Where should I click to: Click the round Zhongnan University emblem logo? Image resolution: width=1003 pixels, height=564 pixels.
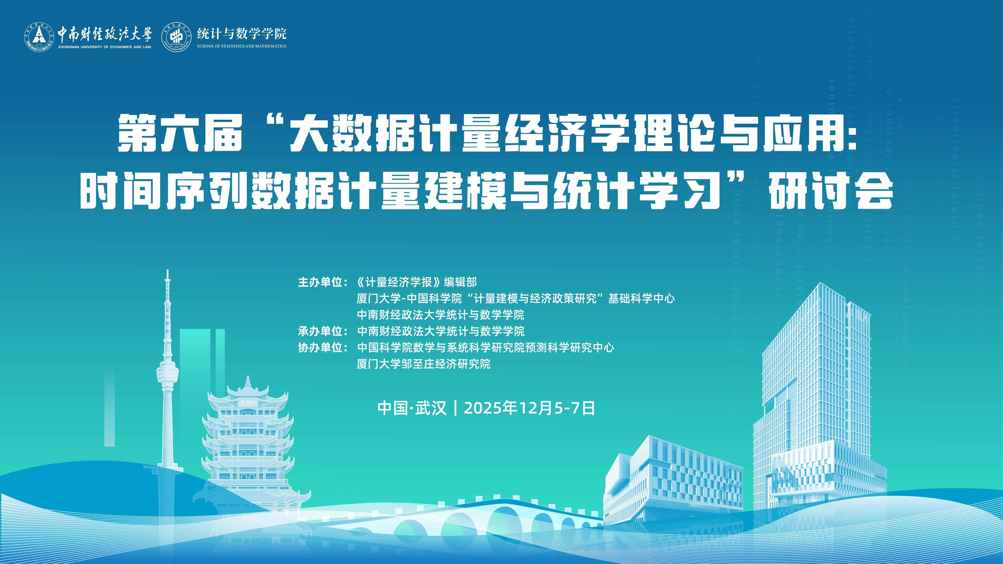coord(39,36)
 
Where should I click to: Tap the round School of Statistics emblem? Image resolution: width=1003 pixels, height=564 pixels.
coord(177,36)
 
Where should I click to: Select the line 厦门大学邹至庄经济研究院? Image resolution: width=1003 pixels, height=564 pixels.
coord(424,364)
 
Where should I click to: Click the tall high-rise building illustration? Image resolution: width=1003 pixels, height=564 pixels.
coord(818,409)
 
